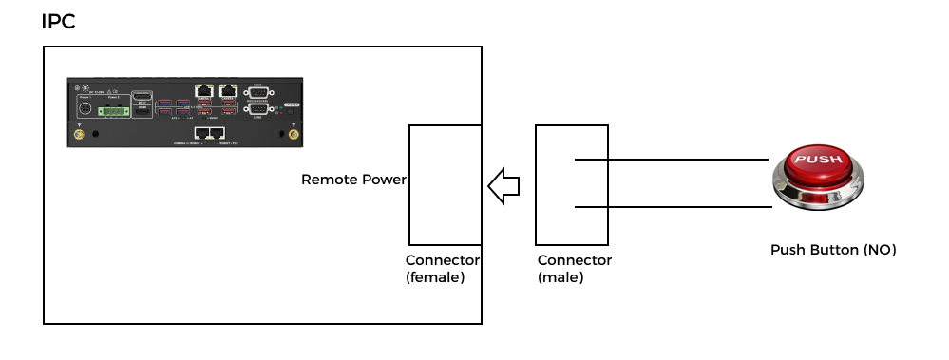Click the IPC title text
tap(58, 22)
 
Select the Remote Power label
tap(353, 179)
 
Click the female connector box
tap(445, 185)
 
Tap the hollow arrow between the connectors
tap(503, 184)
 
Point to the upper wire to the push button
tap(671, 160)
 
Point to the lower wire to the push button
tap(671, 206)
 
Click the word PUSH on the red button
tap(816, 160)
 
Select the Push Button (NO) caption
tap(833, 250)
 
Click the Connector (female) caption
tap(443, 269)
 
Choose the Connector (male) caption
tap(575, 269)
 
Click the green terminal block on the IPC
tap(113, 111)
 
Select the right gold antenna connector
tap(293, 135)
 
